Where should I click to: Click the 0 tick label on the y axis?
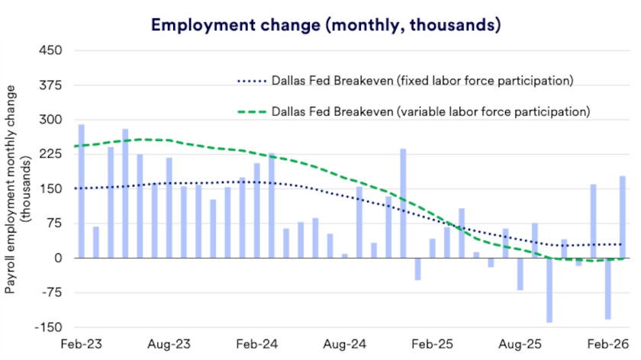click(x=57, y=259)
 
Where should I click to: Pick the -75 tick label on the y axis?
click(x=51, y=293)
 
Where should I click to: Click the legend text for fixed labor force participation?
click(x=421, y=80)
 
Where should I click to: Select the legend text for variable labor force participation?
click(x=431, y=111)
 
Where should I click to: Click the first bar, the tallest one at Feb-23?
click(x=82, y=191)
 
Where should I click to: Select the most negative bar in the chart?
click(x=549, y=290)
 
